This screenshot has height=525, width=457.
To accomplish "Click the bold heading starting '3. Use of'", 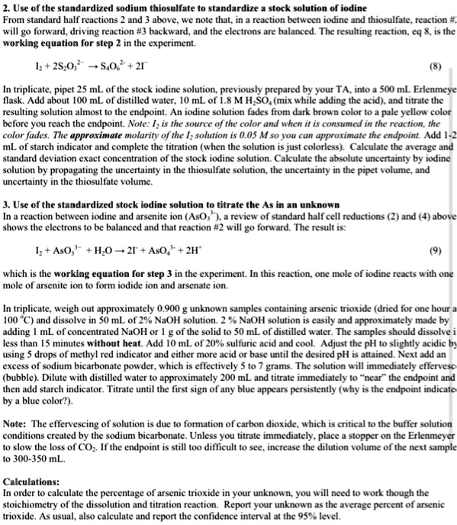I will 171,205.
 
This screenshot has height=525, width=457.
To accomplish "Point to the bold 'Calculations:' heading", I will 31,482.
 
